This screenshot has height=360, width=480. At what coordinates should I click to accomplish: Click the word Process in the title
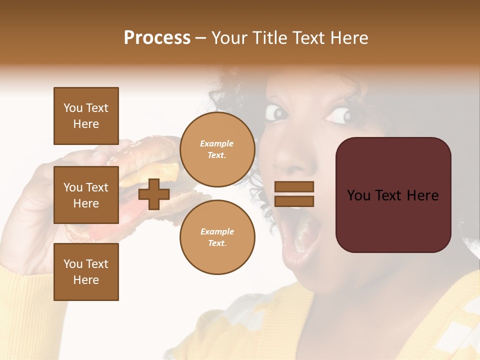coord(157,38)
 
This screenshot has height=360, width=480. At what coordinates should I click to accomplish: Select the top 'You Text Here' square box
coord(86,116)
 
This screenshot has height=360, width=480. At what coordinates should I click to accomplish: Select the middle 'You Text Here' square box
coord(86,195)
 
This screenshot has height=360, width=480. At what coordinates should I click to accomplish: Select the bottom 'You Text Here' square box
coord(86,272)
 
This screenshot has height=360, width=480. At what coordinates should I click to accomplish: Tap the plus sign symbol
coord(154,194)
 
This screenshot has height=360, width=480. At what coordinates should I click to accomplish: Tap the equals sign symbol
coord(294,194)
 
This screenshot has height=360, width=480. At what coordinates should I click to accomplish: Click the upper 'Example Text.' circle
coord(217,149)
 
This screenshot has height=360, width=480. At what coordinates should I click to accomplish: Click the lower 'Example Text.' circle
coord(217,237)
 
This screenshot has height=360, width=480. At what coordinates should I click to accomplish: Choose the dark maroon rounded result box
coord(393,195)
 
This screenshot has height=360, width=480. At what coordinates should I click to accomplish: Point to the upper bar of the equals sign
coord(294,186)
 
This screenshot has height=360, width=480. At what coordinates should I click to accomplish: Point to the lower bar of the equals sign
coord(294,201)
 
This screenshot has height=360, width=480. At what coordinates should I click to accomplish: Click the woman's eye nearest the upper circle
coord(276,112)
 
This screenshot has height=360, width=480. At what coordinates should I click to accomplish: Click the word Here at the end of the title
coord(348,38)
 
